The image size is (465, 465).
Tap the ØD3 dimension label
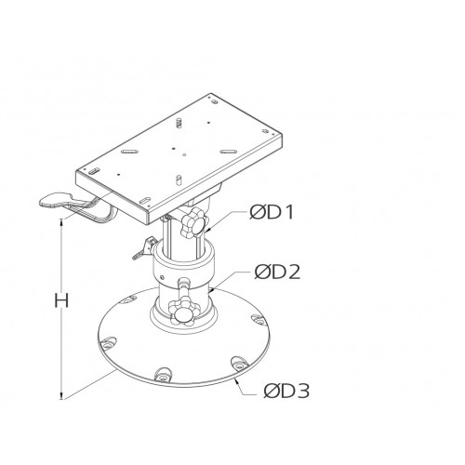coord(276,391)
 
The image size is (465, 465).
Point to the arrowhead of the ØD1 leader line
coord(210,229)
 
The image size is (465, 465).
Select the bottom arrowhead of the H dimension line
coord(61,395)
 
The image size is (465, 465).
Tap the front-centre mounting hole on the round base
coord(164,375)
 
